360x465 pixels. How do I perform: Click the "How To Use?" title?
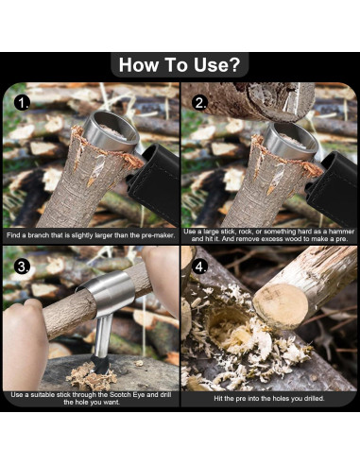pyautogui.click(x=180, y=64)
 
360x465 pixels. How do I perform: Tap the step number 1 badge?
pyautogui.click(x=22, y=103)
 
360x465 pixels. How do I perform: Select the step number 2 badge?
pyautogui.click(x=200, y=103)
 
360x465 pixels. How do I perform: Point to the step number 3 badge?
pyautogui.click(x=22, y=267)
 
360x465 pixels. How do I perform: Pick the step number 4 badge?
pyautogui.click(x=200, y=267)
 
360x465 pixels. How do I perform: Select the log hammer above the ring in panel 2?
pyautogui.click(x=249, y=101)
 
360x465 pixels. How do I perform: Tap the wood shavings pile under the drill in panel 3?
pyautogui.click(x=92, y=375)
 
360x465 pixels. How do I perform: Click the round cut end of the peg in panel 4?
pyautogui.click(x=281, y=306)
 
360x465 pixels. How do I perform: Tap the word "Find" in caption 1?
pyautogui.click(x=13, y=235)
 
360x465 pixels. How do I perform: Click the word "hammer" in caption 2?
pyautogui.click(x=342, y=232)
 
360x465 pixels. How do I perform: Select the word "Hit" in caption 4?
pyautogui.click(x=218, y=399)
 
